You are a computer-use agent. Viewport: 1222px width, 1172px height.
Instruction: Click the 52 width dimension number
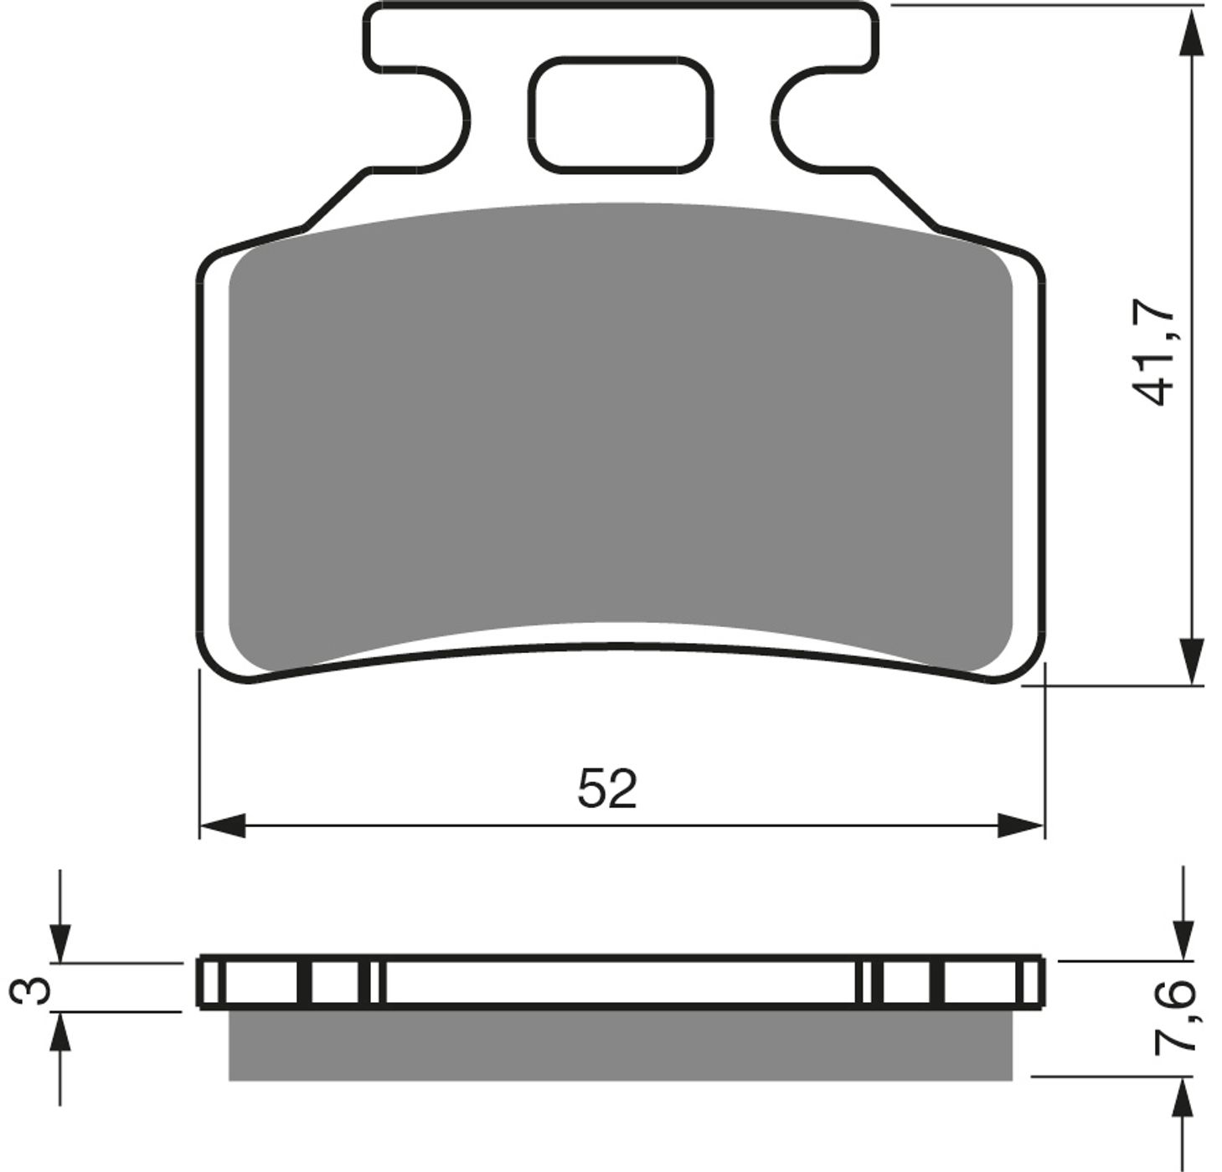607,789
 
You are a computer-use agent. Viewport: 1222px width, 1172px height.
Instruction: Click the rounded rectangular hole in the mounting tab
621,115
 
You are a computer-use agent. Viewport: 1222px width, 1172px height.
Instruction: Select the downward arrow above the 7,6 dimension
1183,938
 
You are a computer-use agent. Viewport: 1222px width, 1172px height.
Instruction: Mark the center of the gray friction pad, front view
620,435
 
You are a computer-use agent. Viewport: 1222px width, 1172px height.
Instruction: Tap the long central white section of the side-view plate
620,982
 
